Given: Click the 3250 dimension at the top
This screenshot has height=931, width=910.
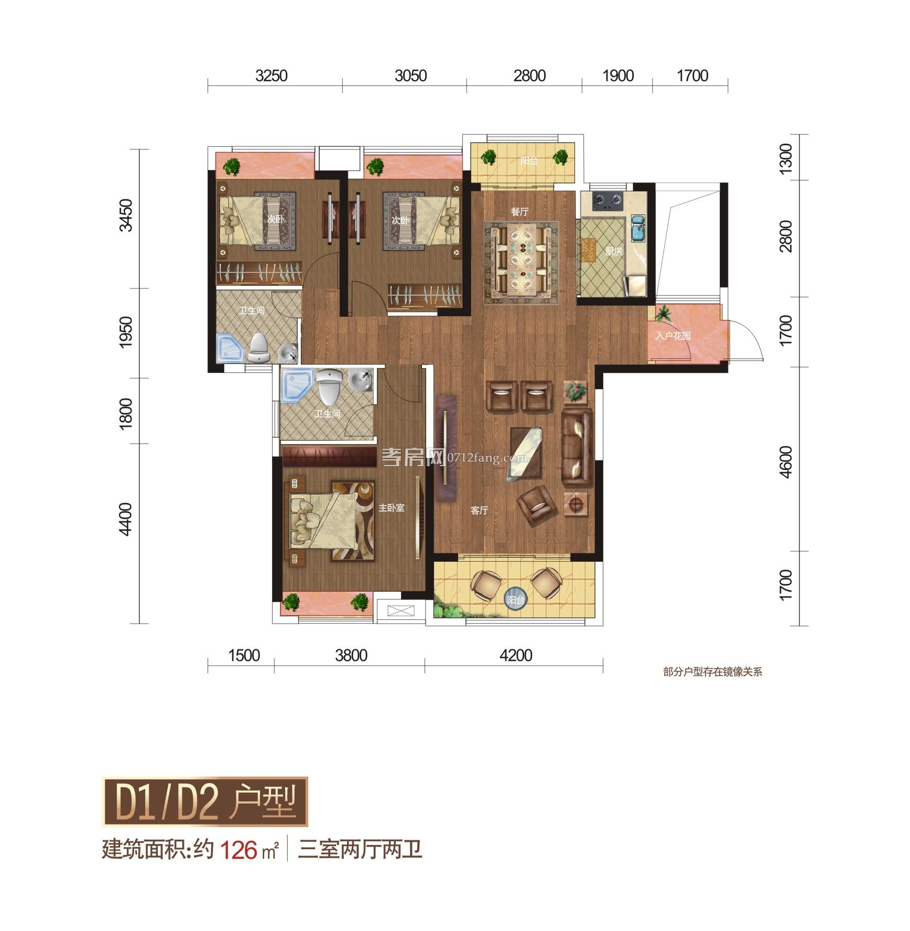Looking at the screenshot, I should [272, 76].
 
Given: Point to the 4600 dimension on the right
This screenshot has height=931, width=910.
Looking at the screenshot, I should [785, 461].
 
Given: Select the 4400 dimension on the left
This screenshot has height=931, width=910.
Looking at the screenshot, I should [125, 519].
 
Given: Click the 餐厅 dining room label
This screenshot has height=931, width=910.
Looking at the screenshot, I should [519, 212].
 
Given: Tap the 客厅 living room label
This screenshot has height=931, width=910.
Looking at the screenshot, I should [479, 510].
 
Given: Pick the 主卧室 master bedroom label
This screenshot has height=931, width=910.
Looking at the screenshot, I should [392, 508].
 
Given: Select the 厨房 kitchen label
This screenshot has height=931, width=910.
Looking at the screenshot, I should [613, 252].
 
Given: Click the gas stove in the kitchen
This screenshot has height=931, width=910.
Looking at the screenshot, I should [607, 201].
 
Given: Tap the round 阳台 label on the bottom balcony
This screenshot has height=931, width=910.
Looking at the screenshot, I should [516, 600].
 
